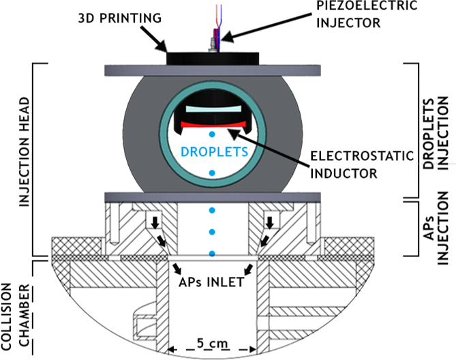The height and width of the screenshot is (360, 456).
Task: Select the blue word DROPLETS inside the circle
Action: tap(213, 150)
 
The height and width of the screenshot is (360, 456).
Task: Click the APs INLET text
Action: tap(212, 280)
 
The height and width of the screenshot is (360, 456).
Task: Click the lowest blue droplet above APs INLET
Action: tap(213, 254)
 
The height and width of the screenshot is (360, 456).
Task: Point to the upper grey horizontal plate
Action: tap(213, 70)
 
